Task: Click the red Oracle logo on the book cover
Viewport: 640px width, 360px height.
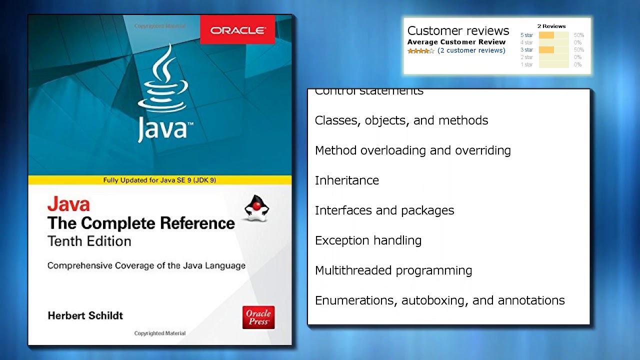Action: click(x=237, y=30)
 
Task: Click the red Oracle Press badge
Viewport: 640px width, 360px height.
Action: click(x=258, y=317)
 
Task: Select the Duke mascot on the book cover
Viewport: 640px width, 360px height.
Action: click(x=256, y=208)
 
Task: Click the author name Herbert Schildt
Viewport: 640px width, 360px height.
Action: click(x=85, y=315)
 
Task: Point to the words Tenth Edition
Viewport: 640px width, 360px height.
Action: click(x=89, y=241)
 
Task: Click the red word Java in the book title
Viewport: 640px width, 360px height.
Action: click(x=68, y=204)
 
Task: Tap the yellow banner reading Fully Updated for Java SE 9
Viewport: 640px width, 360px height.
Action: click(x=159, y=180)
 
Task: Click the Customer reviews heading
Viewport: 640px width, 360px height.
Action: click(x=458, y=30)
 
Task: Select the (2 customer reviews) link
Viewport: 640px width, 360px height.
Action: click(x=471, y=50)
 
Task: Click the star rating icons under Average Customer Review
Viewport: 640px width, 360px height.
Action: click(x=420, y=51)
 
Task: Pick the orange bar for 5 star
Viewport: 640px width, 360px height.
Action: click(x=546, y=35)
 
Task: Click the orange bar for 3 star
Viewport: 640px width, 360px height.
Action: click(x=546, y=50)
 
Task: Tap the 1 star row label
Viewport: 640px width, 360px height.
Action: click(x=526, y=64)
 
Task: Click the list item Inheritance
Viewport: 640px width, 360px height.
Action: click(x=347, y=180)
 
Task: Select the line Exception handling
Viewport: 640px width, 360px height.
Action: click(x=368, y=240)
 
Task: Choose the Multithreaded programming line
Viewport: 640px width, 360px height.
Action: click(x=393, y=270)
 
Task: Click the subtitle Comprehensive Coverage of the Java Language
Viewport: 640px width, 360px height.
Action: click(x=146, y=265)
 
